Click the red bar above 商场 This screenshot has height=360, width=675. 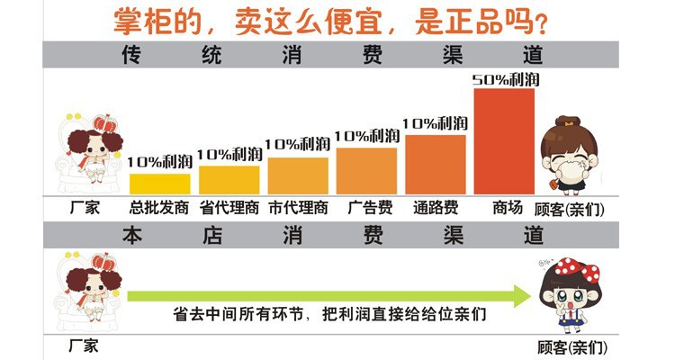pyautogui.click(x=503, y=140)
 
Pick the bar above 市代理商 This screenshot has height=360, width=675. pyautogui.click(x=298, y=175)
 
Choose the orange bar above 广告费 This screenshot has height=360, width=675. pyautogui.click(x=366, y=170)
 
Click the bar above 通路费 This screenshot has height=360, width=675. pyautogui.click(x=436, y=164)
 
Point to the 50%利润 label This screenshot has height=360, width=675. pyautogui.click(x=504, y=79)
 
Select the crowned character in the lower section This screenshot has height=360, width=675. pyautogui.click(x=90, y=290)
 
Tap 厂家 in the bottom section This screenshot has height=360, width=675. pyautogui.click(x=83, y=345)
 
